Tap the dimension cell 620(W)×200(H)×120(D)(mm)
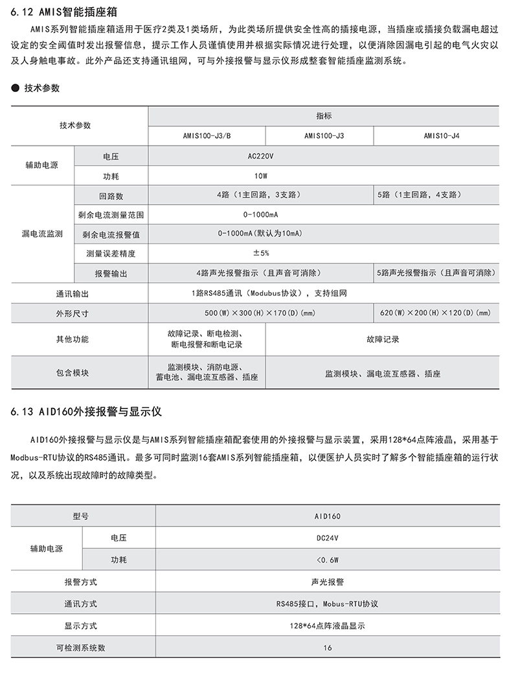[x=435, y=313]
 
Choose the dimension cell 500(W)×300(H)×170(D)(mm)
[x=260, y=313]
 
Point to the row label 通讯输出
[x=72, y=294]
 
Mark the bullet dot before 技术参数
[x=15, y=87]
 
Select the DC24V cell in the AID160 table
[x=328, y=537]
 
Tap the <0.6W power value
[x=328, y=559]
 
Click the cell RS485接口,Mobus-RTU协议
[x=328, y=603]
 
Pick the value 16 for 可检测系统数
[x=328, y=647]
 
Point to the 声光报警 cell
[x=328, y=581]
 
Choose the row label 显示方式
[x=80, y=625]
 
